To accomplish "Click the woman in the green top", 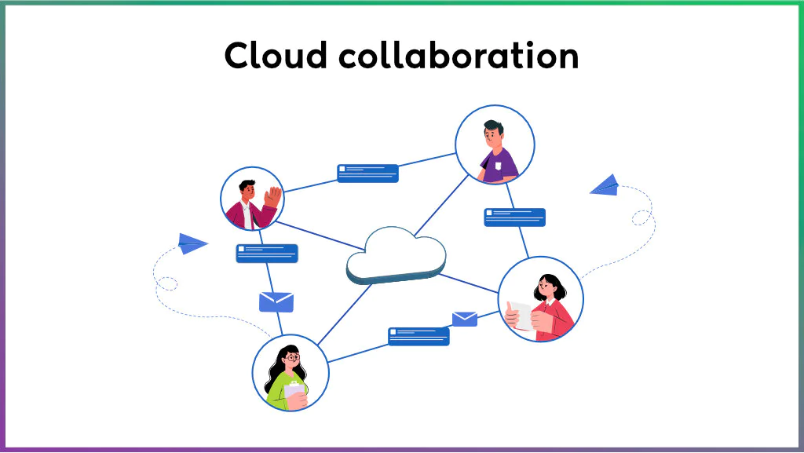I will pyautogui.click(x=290, y=374).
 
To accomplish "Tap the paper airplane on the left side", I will pyautogui.click(x=191, y=243).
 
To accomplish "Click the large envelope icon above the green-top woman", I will pyautogui.click(x=276, y=301).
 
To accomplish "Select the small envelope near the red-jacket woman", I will pyautogui.click(x=464, y=318).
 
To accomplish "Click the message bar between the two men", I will pyautogui.click(x=367, y=173).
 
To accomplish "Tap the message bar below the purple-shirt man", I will pyautogui.click(x=514, y=217).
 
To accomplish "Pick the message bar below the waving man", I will pyautogui.click(x=267, y=253).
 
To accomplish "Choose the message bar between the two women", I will pyautogui.click(x=418, y=336).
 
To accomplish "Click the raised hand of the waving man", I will pyautogui.click(x=272, y=195).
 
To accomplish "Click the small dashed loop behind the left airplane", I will pyautogui.click(x=168, y=283).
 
